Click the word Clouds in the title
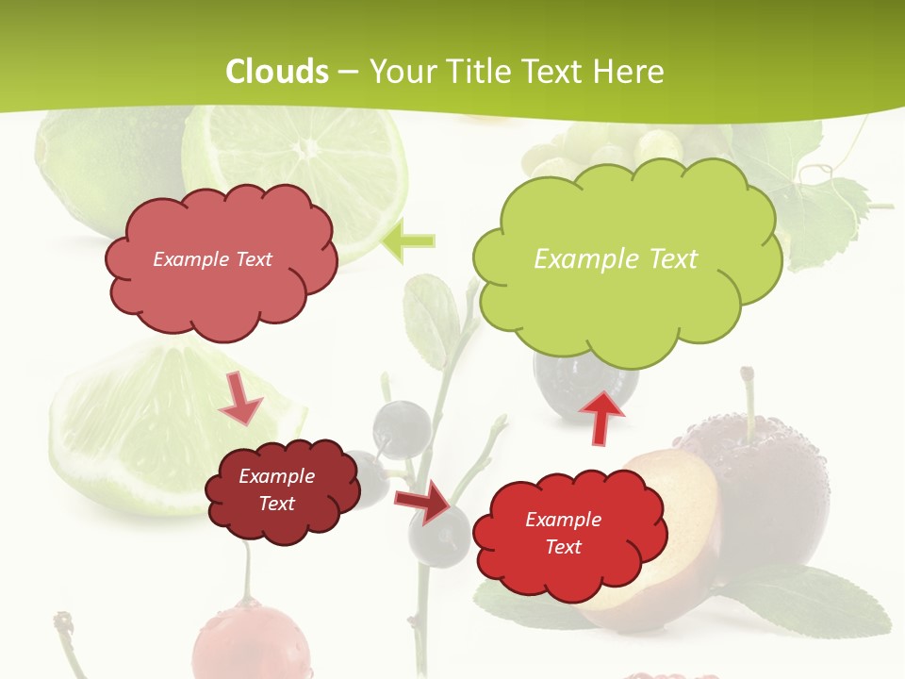276,72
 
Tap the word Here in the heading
628,72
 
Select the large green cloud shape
627,283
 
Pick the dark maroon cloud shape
283,519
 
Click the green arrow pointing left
409,241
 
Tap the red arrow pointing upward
601,416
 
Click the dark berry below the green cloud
584,382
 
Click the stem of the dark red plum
749,396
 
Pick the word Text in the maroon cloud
277,504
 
